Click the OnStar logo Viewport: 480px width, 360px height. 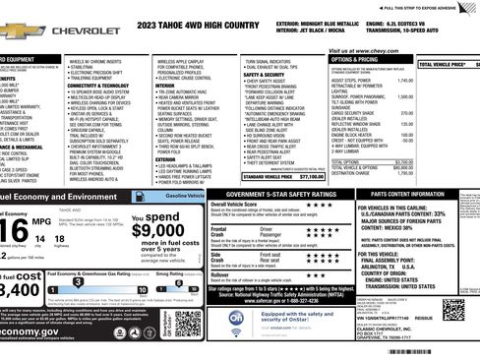236,320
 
